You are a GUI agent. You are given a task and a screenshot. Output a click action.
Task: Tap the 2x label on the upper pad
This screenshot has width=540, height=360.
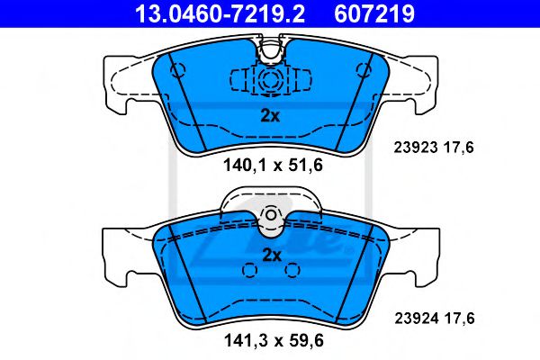point(270,114)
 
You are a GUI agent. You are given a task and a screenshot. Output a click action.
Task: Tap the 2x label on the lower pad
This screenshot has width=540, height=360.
point(270,254)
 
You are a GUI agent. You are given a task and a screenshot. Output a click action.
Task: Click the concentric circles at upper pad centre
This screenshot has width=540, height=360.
point(270,80)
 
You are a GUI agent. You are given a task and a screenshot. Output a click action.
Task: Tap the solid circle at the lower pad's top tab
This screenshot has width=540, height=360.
point(270,215)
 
